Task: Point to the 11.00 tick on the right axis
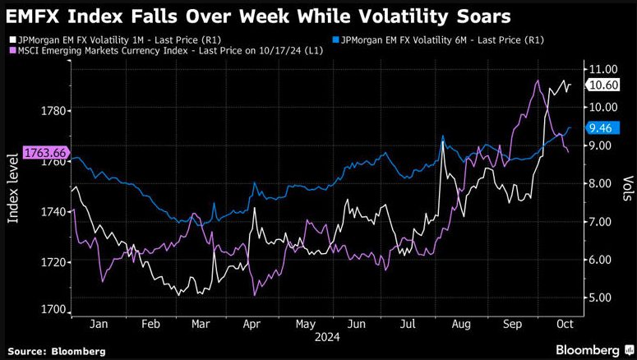pos(603,69)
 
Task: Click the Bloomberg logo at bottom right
pos(588,350)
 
